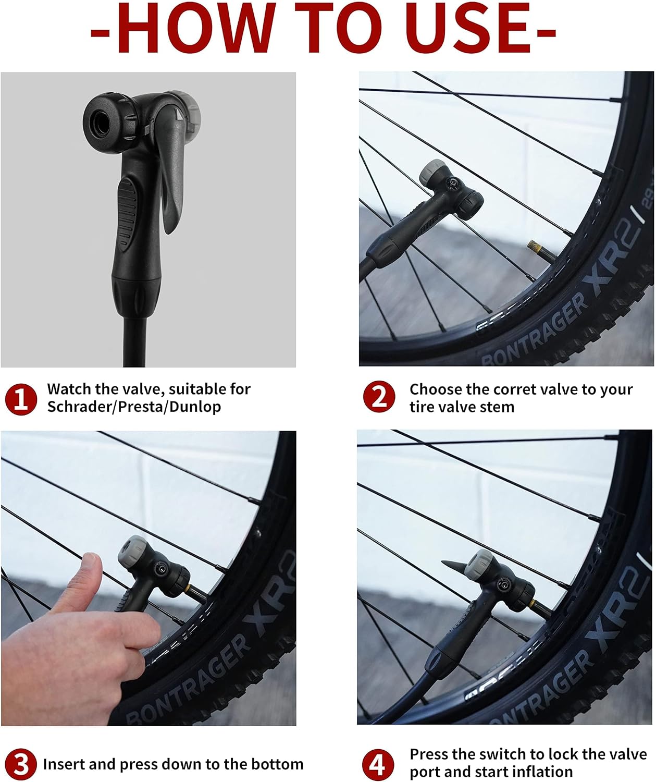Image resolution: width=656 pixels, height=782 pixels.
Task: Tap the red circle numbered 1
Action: (x=21, y=399)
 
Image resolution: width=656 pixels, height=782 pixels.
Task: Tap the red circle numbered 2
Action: (x=379, y=397)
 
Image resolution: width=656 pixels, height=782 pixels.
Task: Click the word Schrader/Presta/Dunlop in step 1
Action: (x=134, y=407)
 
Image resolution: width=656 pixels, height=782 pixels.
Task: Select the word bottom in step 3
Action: (x=277, y=764)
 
